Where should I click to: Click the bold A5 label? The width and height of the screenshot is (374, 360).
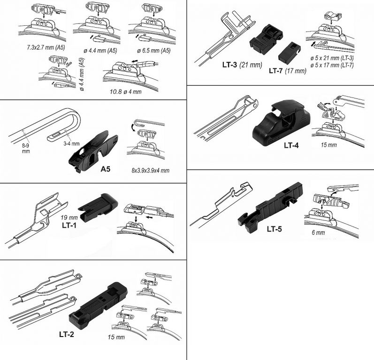pos(105,169)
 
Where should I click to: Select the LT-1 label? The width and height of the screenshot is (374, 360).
pos(69,225)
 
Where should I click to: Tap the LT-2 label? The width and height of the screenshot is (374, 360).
pos(67,335)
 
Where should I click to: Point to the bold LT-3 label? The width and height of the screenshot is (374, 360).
pos(229,65)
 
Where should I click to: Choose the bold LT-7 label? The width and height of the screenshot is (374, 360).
pos(276,71)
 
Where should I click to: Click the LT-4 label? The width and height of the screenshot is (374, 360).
pos(291,145)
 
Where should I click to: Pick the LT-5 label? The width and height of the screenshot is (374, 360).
pos(275,229)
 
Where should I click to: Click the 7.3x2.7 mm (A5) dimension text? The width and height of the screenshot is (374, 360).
pos(46,47)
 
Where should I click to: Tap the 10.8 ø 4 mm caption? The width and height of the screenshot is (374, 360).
pos(125,92)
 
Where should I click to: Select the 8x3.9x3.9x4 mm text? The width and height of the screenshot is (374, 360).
pos(151,170)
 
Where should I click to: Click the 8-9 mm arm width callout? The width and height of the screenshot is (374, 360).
pos(26,149)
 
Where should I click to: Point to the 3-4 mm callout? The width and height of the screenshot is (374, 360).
pos(71,143)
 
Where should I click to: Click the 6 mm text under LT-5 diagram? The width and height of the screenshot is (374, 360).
pos(318,232)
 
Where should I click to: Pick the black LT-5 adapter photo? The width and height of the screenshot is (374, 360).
pos(270,207)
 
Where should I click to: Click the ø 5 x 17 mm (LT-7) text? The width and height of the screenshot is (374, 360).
pos(332,65)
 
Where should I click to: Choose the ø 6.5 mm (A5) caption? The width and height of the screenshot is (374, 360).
pos(154,51)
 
